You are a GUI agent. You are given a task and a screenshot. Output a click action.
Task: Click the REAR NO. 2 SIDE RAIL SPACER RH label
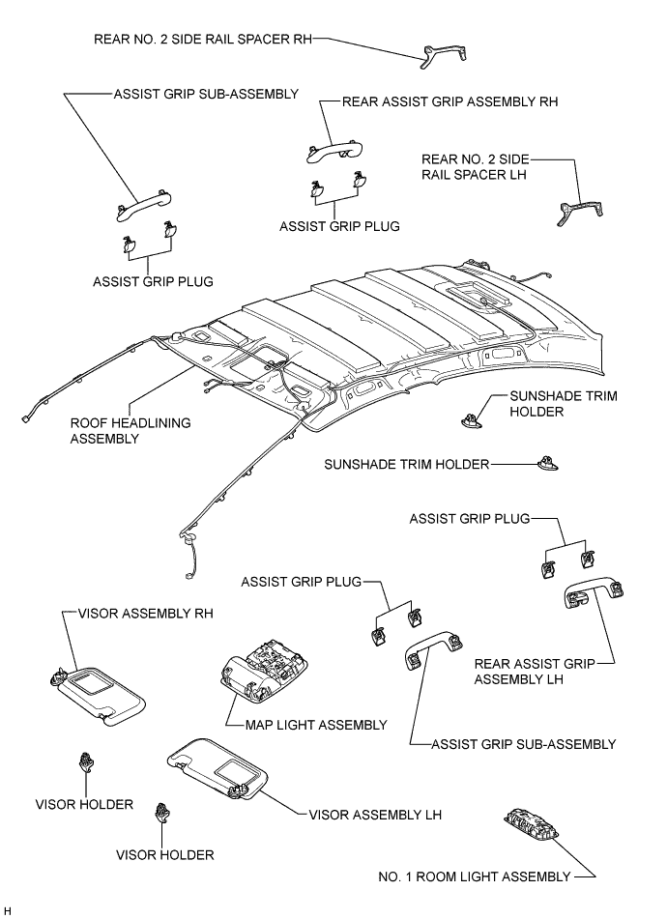[204, 40]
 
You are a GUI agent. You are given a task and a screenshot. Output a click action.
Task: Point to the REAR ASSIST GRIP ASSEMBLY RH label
[450, 101]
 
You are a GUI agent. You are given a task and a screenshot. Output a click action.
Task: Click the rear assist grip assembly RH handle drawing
[333, 146]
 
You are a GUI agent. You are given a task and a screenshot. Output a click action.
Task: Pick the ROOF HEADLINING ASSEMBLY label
[130, 430]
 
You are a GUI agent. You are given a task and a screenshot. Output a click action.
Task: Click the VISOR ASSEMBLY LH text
[375, 815]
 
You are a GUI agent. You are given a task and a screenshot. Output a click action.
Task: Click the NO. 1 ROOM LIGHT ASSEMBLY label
[475, 876]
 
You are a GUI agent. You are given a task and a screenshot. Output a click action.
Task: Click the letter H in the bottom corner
[8, 910]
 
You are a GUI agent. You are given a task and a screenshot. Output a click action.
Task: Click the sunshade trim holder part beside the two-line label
[472, 418]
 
